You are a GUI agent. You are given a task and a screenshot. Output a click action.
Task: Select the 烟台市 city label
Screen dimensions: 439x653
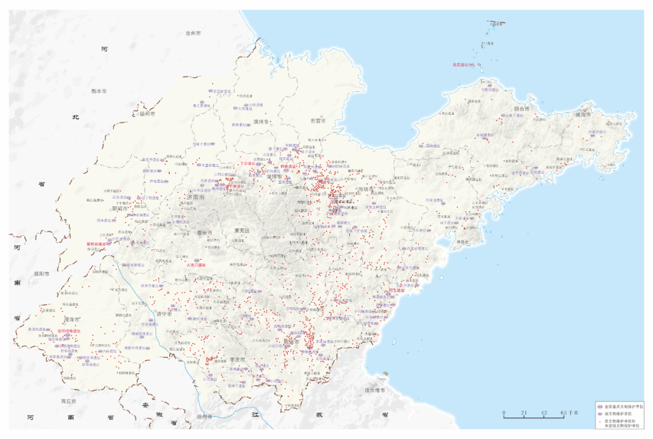[x=521, y=109]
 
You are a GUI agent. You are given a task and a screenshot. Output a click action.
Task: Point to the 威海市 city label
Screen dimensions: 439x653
[x=585, y=113]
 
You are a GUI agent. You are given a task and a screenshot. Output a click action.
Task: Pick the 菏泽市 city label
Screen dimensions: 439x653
[x=72, y=319]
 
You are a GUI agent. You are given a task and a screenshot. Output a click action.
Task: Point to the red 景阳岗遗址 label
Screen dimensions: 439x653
[x=96, y=244]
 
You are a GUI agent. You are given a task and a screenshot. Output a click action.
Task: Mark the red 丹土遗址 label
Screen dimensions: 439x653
[x=396, y=290]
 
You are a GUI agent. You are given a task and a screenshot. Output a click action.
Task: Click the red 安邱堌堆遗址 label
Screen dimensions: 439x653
[x=69, y=331]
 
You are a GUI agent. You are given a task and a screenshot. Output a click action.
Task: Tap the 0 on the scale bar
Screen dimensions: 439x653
[x=504, y=413]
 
